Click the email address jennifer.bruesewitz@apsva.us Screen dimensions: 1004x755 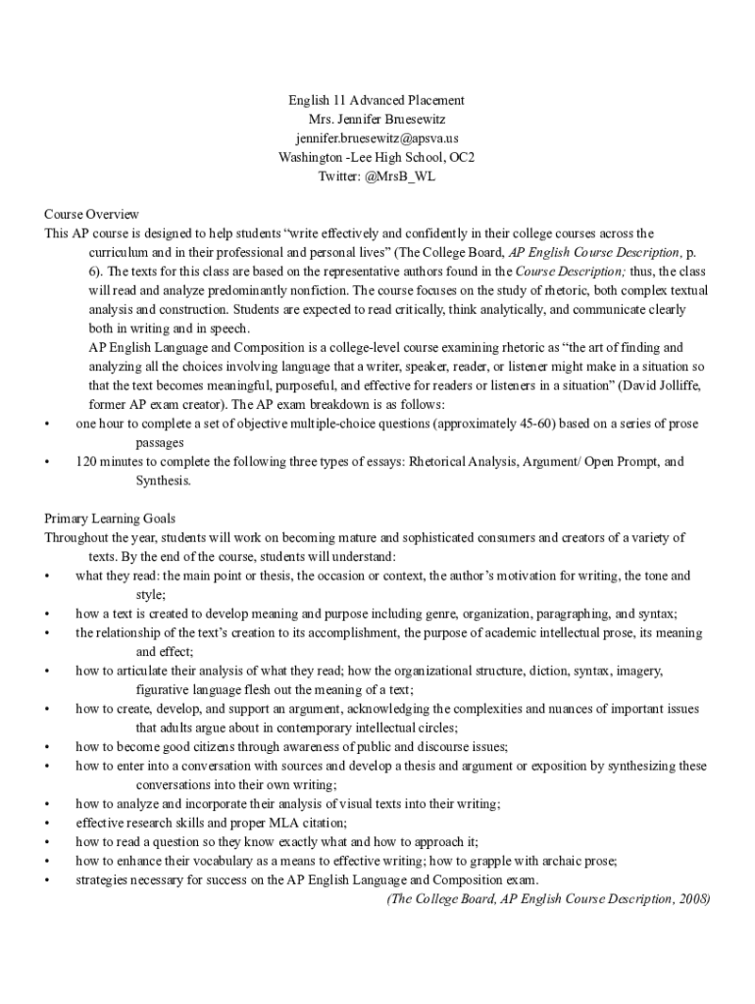(x=376, y=138)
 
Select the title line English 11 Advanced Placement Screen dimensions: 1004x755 (x=376, y=101)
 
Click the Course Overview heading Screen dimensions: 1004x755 (x=91, y=215)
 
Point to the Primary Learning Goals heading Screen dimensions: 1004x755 (x=110, y=519)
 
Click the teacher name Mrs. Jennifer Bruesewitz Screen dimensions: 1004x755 (x=376, y=120)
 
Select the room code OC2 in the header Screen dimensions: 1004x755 (x=463, y=158)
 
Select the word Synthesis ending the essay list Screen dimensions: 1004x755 (x=163, y=480)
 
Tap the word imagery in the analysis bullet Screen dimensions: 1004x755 (x=640, y=672)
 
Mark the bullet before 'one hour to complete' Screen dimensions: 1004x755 (x=47, y=424)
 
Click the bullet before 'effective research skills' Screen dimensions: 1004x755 (x=47, y=823)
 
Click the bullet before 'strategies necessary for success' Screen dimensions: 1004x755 (x=47, y=879)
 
